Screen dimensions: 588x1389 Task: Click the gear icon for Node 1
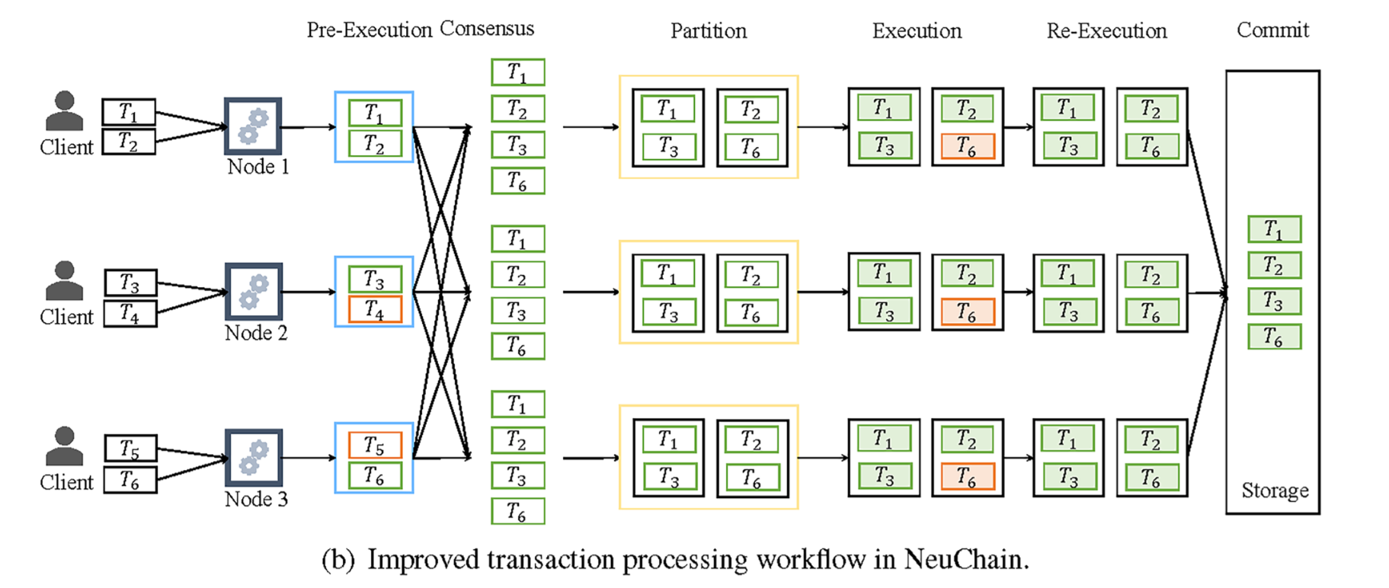(253, 126)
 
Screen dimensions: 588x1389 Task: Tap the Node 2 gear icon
(254, 292)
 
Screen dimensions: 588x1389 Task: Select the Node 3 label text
(256, 500)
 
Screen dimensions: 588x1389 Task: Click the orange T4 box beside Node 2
(374, 309)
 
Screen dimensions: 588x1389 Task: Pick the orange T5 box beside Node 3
(374, 445)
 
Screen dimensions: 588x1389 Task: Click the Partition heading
(708, 31)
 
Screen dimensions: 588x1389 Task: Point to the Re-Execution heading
(1106, 31)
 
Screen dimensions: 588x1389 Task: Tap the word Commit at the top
(1272, 30)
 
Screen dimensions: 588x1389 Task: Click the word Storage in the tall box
(1275, 491)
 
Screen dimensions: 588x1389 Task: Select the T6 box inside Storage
(1274, 337)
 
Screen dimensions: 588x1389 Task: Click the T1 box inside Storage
(1274, 229)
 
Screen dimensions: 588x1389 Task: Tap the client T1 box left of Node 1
(129, 113)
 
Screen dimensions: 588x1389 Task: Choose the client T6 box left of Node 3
(130, 481)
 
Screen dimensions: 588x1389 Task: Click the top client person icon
(65, 111)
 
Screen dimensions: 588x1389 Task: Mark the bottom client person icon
(65, 446)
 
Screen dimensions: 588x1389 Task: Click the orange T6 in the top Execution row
(967, 145)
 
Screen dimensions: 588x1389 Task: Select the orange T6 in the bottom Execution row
(967, 477)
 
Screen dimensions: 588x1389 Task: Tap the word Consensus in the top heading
(487, 29)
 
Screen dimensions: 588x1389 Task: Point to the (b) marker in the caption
(338, 560)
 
